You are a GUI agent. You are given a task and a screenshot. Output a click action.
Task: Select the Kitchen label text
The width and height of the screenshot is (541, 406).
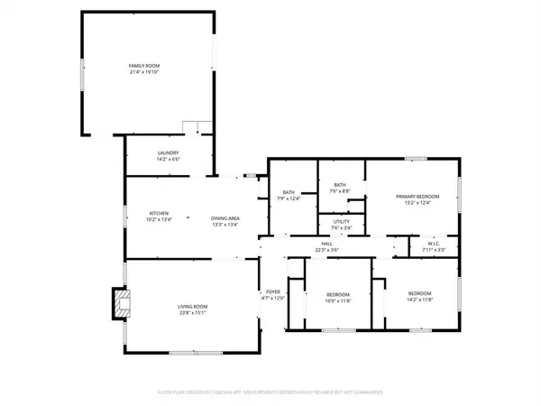click(x=160, y=213)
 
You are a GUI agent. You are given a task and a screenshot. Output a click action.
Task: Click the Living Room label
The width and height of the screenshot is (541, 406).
click(x=192, y=308)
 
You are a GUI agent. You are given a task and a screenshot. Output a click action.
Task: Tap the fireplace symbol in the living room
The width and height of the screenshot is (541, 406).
click(x=118, y=304)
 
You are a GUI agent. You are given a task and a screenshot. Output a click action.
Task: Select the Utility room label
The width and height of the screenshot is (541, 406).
click(x=340, y=222)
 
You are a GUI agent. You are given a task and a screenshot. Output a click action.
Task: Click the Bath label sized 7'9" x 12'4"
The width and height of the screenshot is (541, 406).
click(x=289, y=191)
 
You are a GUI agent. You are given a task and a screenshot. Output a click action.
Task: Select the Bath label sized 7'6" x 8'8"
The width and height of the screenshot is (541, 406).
click(x=340, y=185)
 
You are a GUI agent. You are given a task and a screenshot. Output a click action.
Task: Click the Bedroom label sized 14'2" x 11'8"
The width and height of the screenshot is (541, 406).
click(x=419, y=294)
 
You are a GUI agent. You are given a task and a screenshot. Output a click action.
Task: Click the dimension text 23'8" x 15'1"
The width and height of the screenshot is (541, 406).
click(x=192, y=314)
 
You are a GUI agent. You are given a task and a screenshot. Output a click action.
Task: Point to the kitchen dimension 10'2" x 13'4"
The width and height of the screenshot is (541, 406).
click(x=160, y=219)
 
